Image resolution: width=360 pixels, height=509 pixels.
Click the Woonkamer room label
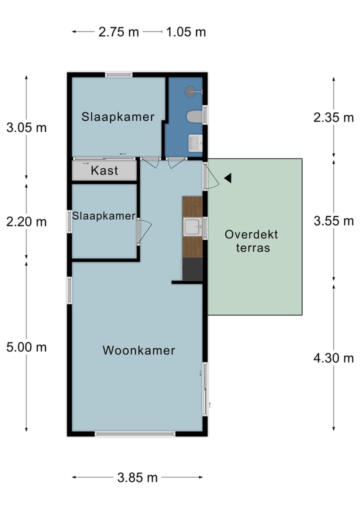pyautogui.click(x=139, y=350)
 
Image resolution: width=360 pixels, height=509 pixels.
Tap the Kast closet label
pyautogui.click(x=104, y=170)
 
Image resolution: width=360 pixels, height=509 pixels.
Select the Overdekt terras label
pyautogui.click(x=251, y=240)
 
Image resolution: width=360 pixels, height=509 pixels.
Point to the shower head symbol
pyautogui.click(x=190, y=91)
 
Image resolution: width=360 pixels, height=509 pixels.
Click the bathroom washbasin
pyautogui.click(x=194, y=143)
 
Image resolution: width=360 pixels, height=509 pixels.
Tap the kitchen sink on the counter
pyautogui.click(x=192, y=227)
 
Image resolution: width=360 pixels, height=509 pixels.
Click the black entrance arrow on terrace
pyautogui.click(x=227, y=178)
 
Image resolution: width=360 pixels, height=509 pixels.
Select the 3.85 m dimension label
pyautogui.click(x=137, y=477)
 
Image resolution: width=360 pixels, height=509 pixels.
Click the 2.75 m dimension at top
pyautogui.click(x=118, y=32)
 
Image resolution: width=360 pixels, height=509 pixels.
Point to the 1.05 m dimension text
pyautogui.click(x=186, y=32)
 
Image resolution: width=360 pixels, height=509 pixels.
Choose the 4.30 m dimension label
pyautogui.click(x=333, y=358)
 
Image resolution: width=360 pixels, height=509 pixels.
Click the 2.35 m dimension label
pyautogui.click(x=333, y=118)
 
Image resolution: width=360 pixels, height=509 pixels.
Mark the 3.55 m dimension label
pyautogui.click(x=333, y=221)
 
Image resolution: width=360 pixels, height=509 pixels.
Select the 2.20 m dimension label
pyautogui.click(x=26, y=221)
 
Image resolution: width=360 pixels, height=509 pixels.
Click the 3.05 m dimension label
pyautogui.click(x=26, y=127)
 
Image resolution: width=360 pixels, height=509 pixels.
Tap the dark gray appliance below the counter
pyautogui.click(x=192, y=269)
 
